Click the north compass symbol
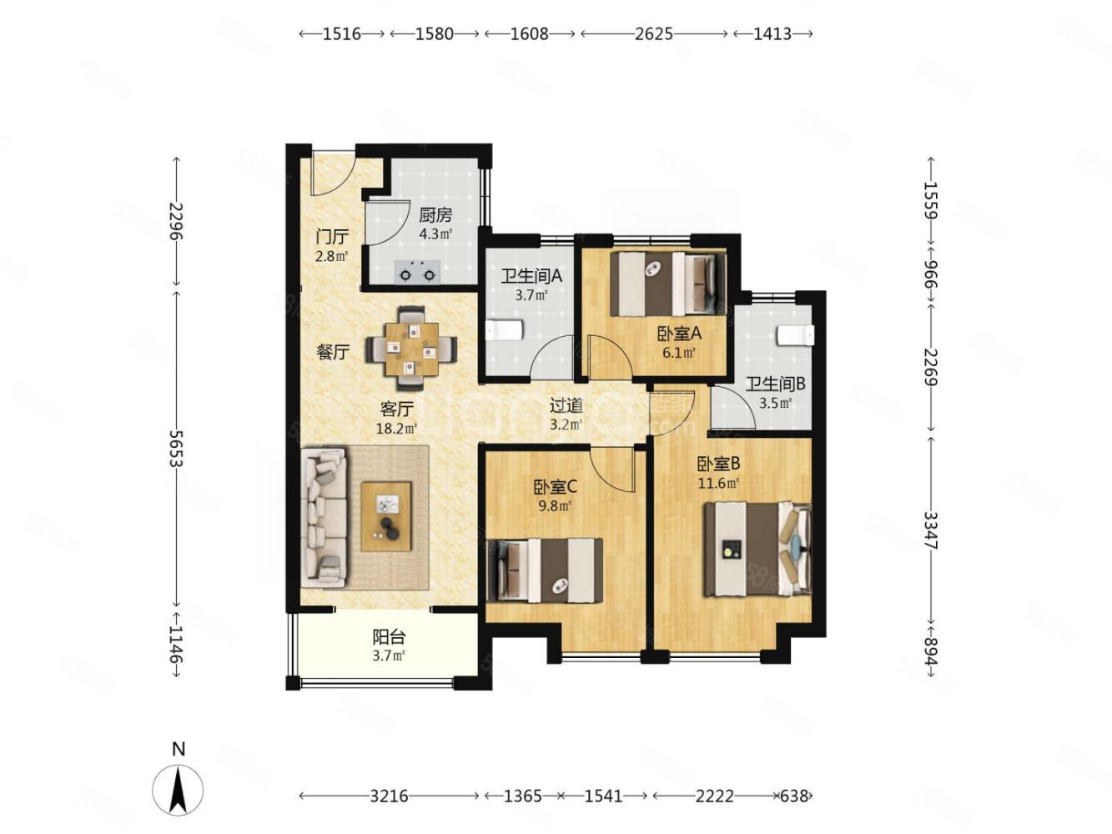(178, 783)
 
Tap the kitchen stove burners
(417, 272)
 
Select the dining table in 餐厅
(411, 349)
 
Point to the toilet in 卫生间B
(795, 334)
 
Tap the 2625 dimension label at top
(653, 33)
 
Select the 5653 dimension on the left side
(176, 448)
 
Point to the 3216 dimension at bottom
(389, 796)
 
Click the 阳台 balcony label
(389, 636)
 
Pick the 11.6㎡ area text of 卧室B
(718, 483)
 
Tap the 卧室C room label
(555, 486)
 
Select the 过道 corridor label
(566, 405)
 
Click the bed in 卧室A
(667, 284)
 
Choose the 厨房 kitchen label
(435, 215)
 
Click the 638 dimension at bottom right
(793, 796)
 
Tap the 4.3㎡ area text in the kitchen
(435, 234)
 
